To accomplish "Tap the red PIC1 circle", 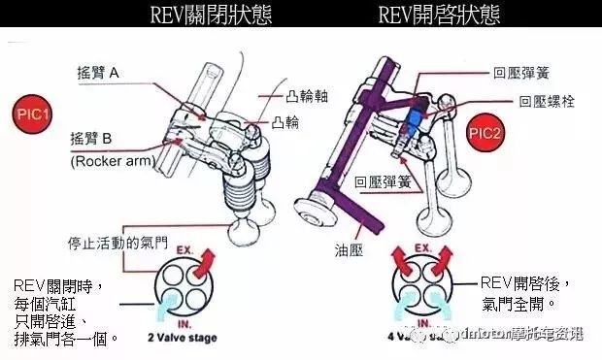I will tap(33, 114).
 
